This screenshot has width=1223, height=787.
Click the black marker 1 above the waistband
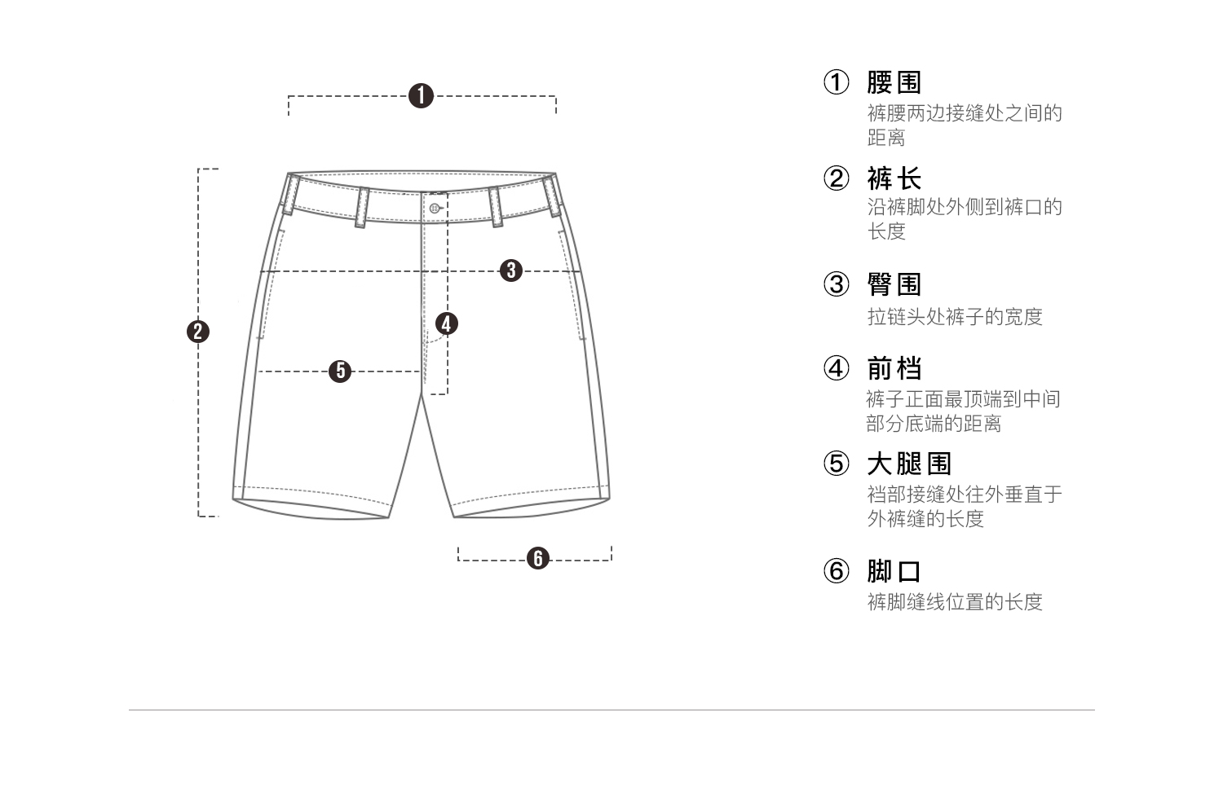click(421, 96)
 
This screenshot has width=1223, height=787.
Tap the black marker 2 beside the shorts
click(198, 332)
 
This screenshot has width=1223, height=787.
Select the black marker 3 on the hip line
click(511, 270)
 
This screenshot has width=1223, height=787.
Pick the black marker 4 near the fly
click(446, 324)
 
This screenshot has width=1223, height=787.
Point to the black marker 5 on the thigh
click(340, 372)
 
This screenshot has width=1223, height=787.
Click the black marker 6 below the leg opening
click(537, 559)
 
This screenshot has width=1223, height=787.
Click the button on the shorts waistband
click(435, 208)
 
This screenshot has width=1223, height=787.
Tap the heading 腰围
click(894, 82)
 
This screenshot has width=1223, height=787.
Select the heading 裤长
click(894, 178)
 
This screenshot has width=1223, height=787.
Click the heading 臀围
click(894, 284)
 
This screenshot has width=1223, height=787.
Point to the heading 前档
click(894, 368)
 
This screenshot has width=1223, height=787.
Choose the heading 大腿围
click(909, 464)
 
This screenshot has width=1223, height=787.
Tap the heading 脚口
click(894, 571)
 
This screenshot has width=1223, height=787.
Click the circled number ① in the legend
click(836, 82)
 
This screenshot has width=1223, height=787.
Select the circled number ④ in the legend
click(836, 368)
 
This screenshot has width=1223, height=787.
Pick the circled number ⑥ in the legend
click(836, 571)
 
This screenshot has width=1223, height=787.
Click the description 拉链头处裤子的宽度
click(955, 316)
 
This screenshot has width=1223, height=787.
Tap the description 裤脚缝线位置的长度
click(955, 602)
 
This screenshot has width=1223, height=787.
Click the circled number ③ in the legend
click(836, 284)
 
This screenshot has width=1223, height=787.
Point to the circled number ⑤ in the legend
click(836, 464)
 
